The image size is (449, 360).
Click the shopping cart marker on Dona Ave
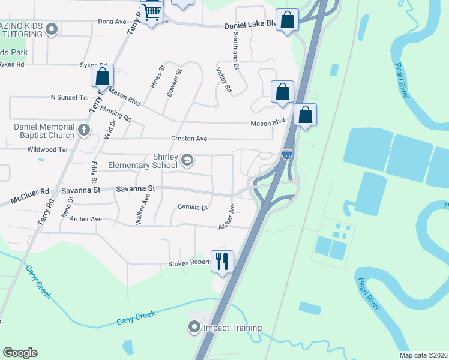(152, 11)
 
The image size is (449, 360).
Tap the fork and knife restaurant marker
(222, 261)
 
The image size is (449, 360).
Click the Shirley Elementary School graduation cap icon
(187, 158)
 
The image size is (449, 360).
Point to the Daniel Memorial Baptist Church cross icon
(84, 129)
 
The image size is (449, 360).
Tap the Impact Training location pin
(194, 328)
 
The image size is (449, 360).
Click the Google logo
(20, 352)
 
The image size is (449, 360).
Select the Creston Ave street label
(189, 139)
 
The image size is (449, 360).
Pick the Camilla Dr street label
(192, 208)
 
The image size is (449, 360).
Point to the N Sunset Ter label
(70, 97)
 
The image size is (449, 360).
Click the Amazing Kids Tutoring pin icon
(52, 29)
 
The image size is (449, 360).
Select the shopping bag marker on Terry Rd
(102, 76)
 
